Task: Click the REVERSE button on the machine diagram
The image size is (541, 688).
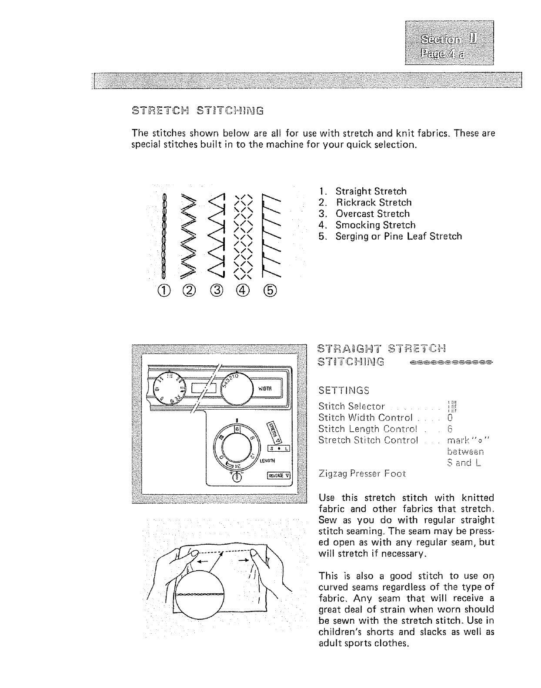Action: (278, 475)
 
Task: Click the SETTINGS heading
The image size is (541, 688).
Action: (344, 390)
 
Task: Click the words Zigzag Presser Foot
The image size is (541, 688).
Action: (362, 474)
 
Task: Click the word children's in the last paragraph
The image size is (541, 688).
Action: (340, 632)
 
